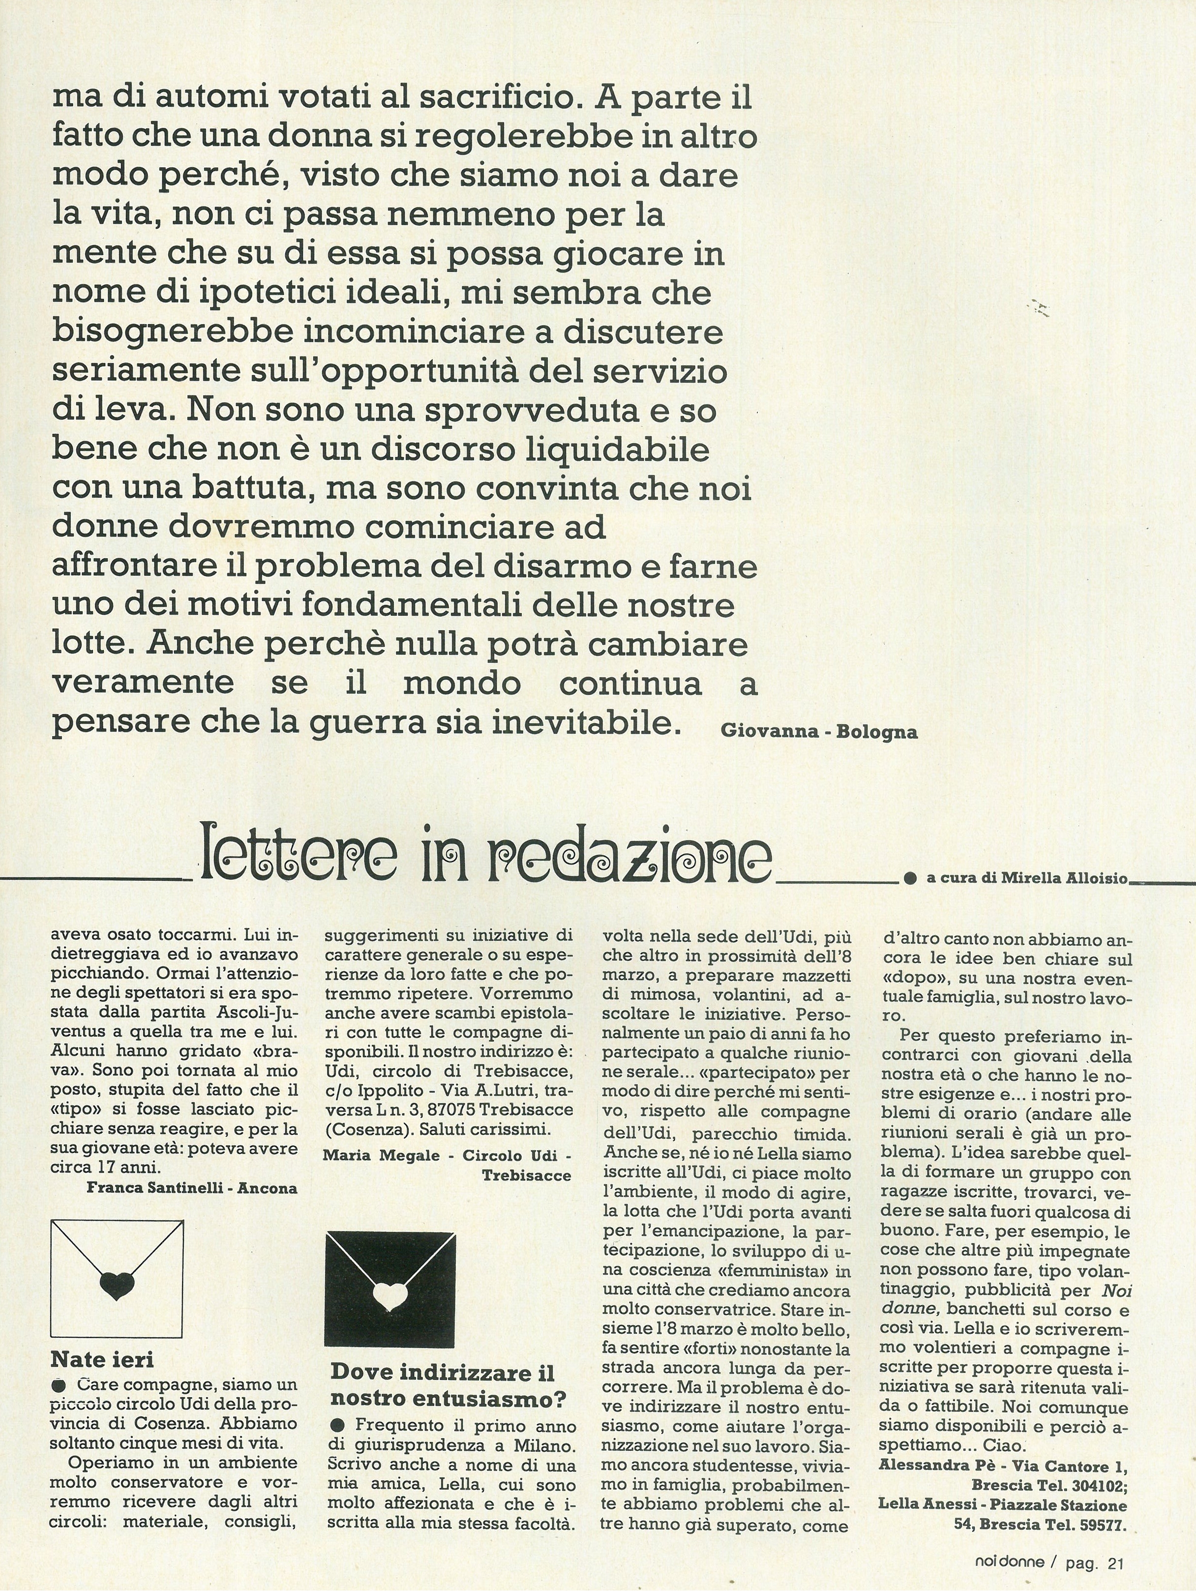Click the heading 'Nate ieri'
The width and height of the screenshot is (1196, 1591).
click(102, 1359)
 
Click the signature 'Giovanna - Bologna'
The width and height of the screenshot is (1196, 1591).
click(818, 733)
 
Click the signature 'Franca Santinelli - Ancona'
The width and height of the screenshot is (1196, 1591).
click(191, 1188)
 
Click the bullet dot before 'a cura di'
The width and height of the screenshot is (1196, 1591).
click(911, 878)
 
